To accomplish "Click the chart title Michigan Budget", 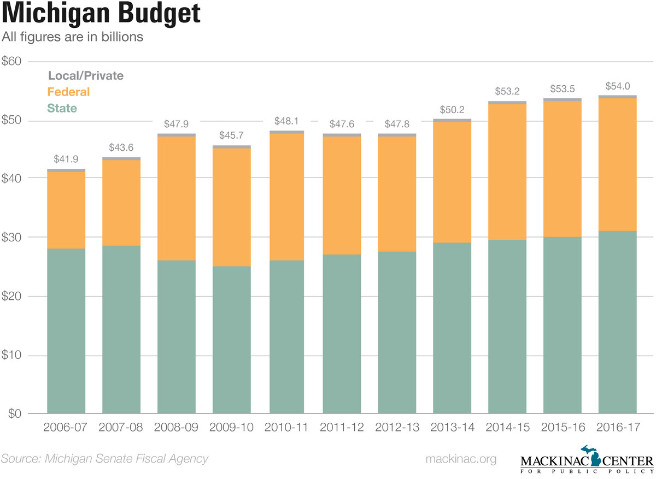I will pyautogui.click(x=101, y=15).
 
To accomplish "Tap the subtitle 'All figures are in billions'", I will pyautogui.click(x=73, y=37).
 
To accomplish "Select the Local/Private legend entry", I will pyautogui.click(x=85, y=76).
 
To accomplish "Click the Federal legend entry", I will pyautogui.click(x=68, y=92).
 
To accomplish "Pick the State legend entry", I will pyautogui.click(x=62, y=108).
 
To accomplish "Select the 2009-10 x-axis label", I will pyautogui.click(x=231, y=427).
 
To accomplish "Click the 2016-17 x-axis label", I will pyautogui.click(x=617, y=427).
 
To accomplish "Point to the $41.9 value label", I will pyautogui.click(x=66, y=159).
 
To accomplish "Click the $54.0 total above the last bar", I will pyautogui.click(x=617, y=86).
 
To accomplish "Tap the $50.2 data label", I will pyautogui.click(x=452, y=109).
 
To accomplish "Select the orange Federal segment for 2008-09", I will pyautogui.click(x=176, y=198).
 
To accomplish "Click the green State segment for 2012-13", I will pyautogui.click(x=396, y=332).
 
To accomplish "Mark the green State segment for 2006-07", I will pyautogui.click(x=66, y=331).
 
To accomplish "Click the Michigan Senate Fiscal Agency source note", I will pyautogui.click(x=104, y=459).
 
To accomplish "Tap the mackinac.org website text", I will pyautogui.click(x=461, y=459).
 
